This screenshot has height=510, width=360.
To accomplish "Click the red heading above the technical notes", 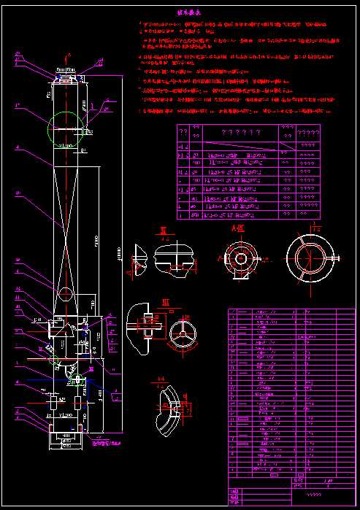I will (x=188, y=13).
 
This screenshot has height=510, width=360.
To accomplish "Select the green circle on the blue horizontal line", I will (x=70, y=379).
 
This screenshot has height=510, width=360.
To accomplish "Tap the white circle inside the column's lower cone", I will (x=66, y=293).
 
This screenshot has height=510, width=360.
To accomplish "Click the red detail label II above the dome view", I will (x=162, y=232).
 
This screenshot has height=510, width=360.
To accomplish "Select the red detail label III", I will (x=165, y=301).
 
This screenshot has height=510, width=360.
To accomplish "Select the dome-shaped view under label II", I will (x=172, y=257).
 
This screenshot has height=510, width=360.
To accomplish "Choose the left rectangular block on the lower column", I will (x=53, y=401).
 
